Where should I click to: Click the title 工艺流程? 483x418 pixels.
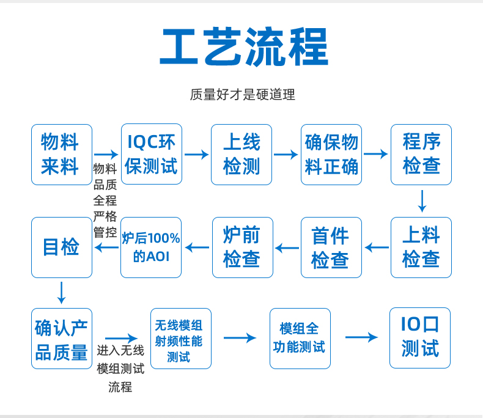click(x=244, y=47)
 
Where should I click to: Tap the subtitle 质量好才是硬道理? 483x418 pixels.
click(x=243, y=95)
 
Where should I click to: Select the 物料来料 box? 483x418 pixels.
click(x=62, y=155)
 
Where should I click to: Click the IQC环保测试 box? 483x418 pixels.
click(x=152, y=154)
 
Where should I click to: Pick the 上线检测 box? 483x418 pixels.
click(x=242, y=155)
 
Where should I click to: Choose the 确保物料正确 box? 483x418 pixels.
click(x=331, y=155)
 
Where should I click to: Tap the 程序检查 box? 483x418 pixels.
click(x=421, y=155)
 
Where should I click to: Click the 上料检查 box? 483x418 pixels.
click(x=421, y=248)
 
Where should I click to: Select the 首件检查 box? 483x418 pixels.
click(x=331, y=248)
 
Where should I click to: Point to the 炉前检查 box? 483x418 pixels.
click(x=243, y=248)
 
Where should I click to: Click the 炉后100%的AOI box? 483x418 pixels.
click(x=151, y=248)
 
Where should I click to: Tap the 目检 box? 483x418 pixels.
click(x=62, y=248)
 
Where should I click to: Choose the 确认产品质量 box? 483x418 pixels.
click(x=62, y=339)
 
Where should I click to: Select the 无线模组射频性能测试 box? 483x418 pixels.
click(x=181, y=339)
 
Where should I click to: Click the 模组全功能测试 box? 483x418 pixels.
click(x=300, y=339)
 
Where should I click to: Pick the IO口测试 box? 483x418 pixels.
click(x=420, y=338)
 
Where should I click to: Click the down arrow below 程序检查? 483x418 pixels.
click(x=422, y=201)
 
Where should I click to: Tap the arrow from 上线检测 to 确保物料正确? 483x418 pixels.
click(x=286, y=154)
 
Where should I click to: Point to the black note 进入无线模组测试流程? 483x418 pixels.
click(x=120, y=369)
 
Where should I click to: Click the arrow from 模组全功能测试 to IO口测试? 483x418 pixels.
click(x=361, y=337)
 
